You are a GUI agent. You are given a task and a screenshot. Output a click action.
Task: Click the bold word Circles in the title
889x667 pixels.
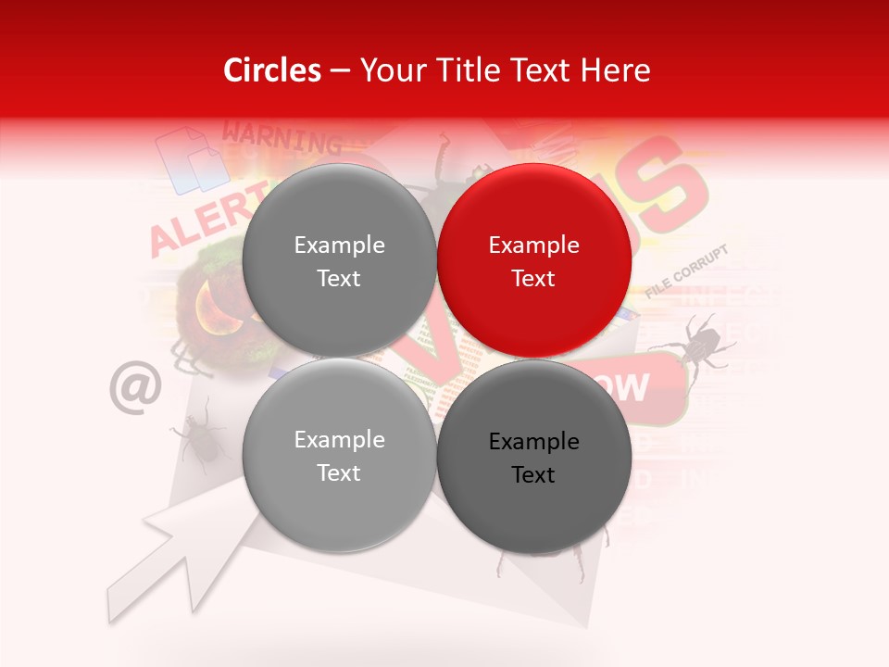[272, 70]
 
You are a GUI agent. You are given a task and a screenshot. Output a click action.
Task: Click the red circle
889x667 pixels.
[533, 260]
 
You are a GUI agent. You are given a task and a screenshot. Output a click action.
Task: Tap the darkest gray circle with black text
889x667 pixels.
[533, 457]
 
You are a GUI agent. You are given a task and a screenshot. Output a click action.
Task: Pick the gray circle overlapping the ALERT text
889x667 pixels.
[339, 260]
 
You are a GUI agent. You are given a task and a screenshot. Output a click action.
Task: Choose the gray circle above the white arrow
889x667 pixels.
[339, 455]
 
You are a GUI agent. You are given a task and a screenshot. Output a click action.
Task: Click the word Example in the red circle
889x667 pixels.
[533, 245]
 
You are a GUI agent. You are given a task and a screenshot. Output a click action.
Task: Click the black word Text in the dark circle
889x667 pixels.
[533, 475]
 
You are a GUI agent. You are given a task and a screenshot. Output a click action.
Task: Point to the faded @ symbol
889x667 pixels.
[135, 387]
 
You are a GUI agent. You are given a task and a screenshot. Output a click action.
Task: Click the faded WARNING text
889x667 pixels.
[282, 139]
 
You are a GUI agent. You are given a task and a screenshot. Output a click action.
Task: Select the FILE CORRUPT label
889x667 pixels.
[687, 271]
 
